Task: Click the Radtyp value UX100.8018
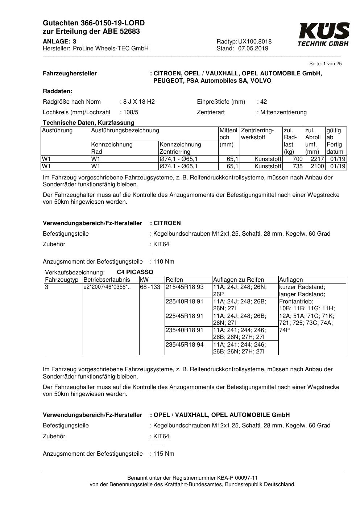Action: coord(255,41)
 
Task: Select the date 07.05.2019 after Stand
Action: coord(253,49)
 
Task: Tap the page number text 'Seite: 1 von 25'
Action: coord(325,64)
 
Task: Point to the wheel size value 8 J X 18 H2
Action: coord(138,102)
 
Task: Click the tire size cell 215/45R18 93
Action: coord(185,287)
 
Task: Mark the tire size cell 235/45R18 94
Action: coord(185,344)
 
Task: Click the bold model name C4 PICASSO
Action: coord(135,272)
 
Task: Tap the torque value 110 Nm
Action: coord(164,262)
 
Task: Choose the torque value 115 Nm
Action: coord(164,454)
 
